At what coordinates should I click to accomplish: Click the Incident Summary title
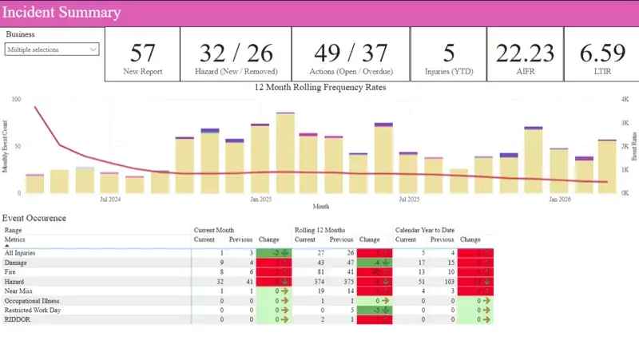pyautogui.click(x=62, y=13)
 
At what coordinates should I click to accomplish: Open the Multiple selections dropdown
pyautogui.click(x=52, y=49)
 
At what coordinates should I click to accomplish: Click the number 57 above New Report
pyautogui.click(x=142, y=53)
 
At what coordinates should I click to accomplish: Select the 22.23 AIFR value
pyautogui.click(x=524, y=53)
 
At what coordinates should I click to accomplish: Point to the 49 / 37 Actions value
pyautogui.click(x=350, y=53)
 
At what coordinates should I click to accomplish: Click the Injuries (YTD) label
pyautogui.click(x=449, y=72)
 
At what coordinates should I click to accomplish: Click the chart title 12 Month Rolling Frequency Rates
pyautogui.click(x=319, y=88)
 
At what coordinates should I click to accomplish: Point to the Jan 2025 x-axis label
pyautogui.click(x=260, y=199)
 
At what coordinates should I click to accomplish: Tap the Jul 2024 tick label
pyautogui.click(x=110, y=199)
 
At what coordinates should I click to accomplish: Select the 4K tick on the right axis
pyautogui.click(x=625, y=100)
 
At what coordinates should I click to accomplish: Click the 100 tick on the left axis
pyautogui.click(x=16, y=100)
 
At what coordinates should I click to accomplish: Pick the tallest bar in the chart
pyautogui.click(x=286, y=152)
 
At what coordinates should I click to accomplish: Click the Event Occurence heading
pyautogui.click(x=34, y=218)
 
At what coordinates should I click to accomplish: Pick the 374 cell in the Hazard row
pyautogui.click(x=305, y=281)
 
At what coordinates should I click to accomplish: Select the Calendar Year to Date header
pyautogui.click(x=425, y=230)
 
